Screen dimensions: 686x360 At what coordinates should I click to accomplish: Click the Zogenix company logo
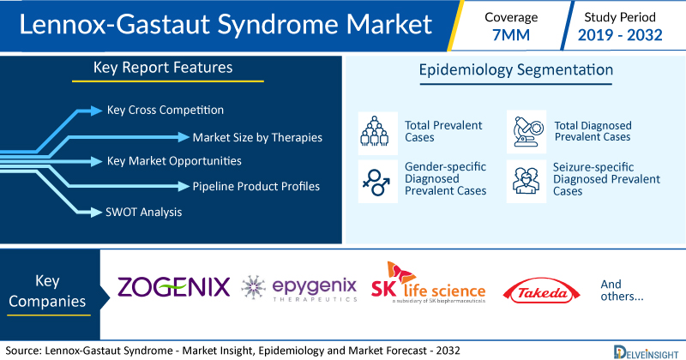click(x=174, y=287)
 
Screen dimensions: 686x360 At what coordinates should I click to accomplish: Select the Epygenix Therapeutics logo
click(x=299, y=289)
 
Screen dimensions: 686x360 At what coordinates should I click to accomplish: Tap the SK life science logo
click(x=428, y=284)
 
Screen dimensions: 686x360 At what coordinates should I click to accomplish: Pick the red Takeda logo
click(x=542, y=291)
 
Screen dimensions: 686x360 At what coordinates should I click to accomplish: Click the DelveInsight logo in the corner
click(x=646, y=352)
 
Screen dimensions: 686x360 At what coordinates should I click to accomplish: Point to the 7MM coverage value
click(x=511, y=35)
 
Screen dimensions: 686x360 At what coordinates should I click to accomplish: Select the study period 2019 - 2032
click(x=620, y=35)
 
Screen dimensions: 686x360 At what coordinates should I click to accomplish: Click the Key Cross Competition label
click(x=165, y=111)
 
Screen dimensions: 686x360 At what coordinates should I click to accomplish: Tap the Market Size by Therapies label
click(x=257, y=138)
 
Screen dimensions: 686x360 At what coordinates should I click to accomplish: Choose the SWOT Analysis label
click(x=143, y=213)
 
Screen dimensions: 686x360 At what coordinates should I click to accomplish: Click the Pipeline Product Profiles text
click(x=256, y=186)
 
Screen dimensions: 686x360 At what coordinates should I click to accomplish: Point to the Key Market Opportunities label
click(x=174, y=161)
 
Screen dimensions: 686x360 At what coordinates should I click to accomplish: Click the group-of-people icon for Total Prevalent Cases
click(x=375, y=131)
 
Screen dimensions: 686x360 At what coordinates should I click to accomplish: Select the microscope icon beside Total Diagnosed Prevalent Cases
click(x=527, y=131)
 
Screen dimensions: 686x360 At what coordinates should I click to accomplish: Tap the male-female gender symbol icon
click(x=376, y=183)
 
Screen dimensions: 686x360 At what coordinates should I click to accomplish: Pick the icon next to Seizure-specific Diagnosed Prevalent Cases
click(x=526, y=181)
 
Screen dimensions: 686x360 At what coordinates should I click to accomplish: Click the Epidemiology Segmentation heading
click(x=516, y=70)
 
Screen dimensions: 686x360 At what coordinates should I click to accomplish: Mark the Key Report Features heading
click(x=163, y=68)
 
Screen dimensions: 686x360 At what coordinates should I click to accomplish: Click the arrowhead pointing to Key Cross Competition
click(x=96, y=111)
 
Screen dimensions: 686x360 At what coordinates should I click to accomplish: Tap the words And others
click(x=622, y=291)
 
